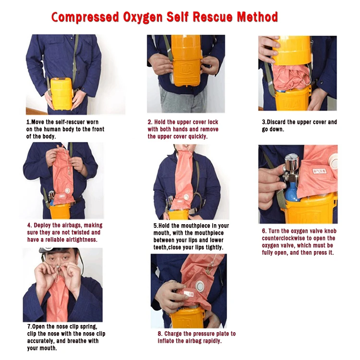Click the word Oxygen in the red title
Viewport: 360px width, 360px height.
pos(143,17)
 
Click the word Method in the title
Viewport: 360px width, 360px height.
pos(257,17)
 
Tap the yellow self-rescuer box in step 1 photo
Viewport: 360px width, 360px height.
pos(61,94)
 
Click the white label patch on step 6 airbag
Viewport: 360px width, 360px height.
pos(319,171)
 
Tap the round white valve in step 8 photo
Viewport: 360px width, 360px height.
pos(200,286)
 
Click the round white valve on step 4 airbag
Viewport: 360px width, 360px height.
pos(67,191)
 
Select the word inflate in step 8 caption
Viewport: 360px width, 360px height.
pos(166,341)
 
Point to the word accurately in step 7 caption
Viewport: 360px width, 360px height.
pos(40,341)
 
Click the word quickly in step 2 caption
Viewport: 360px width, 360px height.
pos(198,137)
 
